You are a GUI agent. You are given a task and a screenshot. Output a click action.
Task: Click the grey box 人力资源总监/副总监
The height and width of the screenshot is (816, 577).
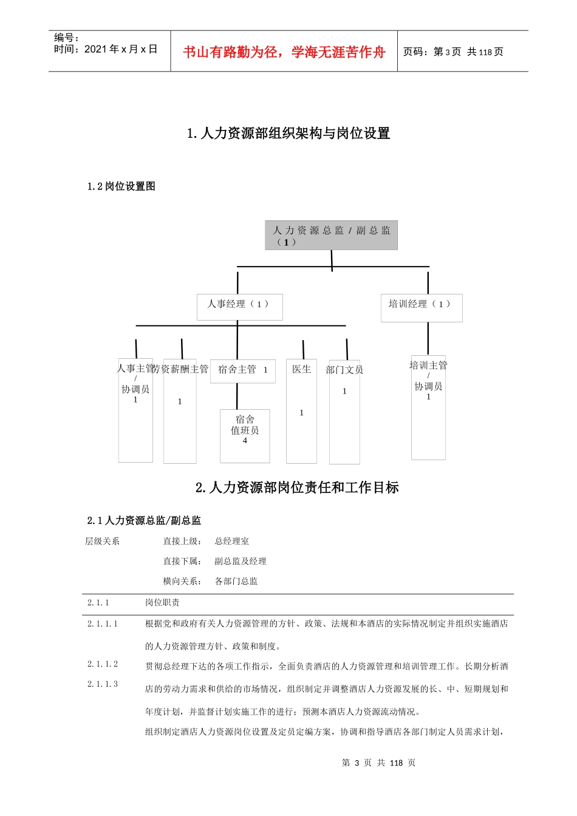331,235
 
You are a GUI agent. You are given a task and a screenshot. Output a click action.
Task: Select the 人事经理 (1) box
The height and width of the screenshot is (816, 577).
239,306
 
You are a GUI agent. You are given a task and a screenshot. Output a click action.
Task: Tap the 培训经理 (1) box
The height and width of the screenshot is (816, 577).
421,307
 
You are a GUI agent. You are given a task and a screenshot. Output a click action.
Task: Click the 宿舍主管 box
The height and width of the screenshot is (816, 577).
242,370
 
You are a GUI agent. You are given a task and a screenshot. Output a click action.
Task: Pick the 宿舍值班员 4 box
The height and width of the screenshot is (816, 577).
245,435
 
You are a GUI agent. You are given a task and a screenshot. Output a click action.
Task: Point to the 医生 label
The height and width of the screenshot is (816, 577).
301,369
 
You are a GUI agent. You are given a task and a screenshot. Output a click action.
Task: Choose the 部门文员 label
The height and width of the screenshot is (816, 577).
344,370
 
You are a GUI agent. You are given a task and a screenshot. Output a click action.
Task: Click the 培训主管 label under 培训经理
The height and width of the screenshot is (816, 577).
428,365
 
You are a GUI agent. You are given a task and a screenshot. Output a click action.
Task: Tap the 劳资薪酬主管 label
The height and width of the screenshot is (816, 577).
181,369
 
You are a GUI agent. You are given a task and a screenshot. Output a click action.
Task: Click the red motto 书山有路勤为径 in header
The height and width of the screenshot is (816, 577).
284,52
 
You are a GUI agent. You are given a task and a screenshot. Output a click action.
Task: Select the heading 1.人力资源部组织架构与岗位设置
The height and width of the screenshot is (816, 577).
288,134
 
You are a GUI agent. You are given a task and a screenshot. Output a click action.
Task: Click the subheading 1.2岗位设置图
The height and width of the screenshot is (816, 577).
121,186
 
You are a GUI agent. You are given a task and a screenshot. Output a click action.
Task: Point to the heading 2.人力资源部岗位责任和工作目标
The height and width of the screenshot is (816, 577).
297,488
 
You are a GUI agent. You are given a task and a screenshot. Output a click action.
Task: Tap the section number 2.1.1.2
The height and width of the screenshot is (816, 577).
103,664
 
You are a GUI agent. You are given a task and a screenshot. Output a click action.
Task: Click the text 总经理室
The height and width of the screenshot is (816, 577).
231,541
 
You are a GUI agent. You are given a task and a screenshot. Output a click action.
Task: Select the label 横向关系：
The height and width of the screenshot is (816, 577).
182,581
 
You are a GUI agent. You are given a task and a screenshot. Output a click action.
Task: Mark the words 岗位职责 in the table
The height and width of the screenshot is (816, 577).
162,602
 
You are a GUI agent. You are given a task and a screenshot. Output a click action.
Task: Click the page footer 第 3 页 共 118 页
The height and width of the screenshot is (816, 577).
378,763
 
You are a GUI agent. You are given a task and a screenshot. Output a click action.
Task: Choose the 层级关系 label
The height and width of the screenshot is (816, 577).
102,541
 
